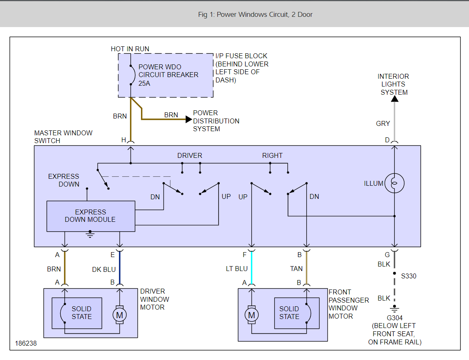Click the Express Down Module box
coord(91,216)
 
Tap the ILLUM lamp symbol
coord(394,183)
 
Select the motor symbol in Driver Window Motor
coord(120,315)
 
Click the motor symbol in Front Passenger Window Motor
coord(252,315)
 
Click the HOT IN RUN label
coord(130,49)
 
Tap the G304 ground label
coord(394,318)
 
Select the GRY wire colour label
coord(383,123)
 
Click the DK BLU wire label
coord(104,269)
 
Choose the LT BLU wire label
coord(237,269)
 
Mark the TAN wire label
coord(296,269)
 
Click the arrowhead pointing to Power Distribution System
coord(189,119)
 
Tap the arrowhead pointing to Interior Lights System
coord(394,98)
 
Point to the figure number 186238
coord(26,344)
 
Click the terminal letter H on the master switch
coord(123,140)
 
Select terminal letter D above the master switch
coord(387,140)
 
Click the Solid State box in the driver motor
coord(77,313)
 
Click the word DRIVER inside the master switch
coord(190,156)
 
